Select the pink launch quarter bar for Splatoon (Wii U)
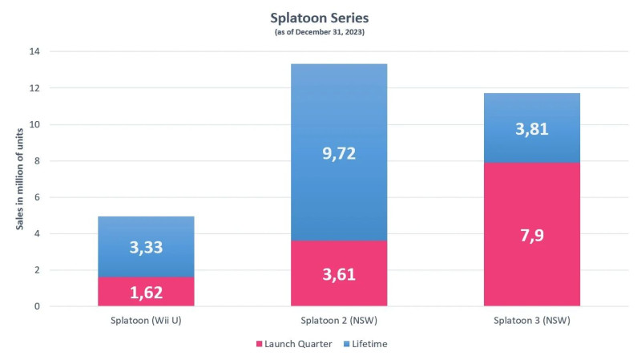(146, 292)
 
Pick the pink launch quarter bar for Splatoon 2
(339, 273)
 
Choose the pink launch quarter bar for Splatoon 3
(532, 234)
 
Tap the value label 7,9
(532, 237)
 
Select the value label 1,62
(146, 292)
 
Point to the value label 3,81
(532, 128)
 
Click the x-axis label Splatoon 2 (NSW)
(339, 319)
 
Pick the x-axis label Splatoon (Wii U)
(146, 319)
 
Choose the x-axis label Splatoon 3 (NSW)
(532, 319)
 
